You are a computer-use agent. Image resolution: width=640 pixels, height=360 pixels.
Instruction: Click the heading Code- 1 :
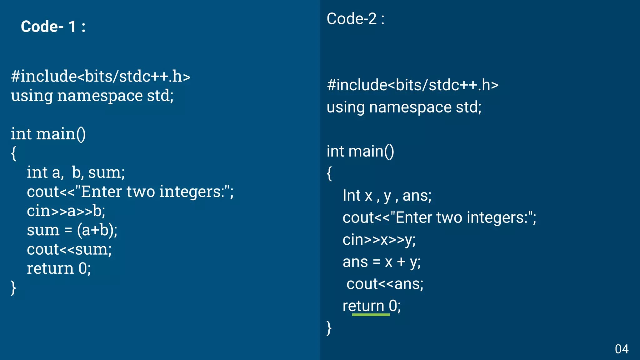pyautogui.click(x=53, y=27)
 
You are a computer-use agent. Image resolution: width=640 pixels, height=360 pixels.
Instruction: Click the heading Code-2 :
pyautogui.click(x=355, y=19)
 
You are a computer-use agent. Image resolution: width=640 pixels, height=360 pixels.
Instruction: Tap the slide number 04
pyautogui.click(x=622, y=349)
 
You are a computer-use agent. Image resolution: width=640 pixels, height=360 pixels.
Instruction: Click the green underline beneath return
pyautogui.click(x=371, y=315)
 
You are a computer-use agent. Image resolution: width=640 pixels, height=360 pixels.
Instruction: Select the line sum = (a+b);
pyautogui.click(x=72, y=230)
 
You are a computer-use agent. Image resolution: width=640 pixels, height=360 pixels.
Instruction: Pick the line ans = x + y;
pyautogui.click(x=382, y=262)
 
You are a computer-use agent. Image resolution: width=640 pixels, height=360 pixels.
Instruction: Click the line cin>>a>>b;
pyautogui.click(x=66, y=211)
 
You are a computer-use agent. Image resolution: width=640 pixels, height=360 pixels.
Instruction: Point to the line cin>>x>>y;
pyautogui.click(x=379, y=240)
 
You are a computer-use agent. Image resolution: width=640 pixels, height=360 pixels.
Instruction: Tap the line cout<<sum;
pyautogui.click(x=69, y=250)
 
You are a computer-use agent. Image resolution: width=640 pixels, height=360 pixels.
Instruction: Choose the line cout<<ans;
pyautogui.click(x=385, y=284)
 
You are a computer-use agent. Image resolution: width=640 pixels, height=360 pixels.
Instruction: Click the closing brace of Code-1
pyautogui.click(x=13, y=287)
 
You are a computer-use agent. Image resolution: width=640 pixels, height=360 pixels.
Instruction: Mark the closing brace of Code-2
pyautogui.click(x=329, y=328)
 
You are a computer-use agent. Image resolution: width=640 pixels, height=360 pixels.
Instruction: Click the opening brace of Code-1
pyautogui.click(x=13, y=153)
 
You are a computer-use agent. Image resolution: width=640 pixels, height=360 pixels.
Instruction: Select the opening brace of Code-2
pyautogui.click(x=329, y=173)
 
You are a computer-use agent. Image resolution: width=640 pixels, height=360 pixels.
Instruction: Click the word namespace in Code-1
pyautogui.click(x=100, y=96)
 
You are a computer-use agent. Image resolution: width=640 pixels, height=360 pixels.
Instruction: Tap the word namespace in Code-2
pyautogui.click(x=410, y=107)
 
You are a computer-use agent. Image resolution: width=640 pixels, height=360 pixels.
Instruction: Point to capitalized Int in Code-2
pyautogui.click(x=352, y=196)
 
